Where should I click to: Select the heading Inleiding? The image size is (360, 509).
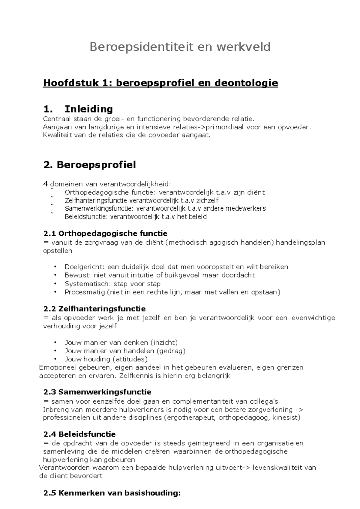point(88,109)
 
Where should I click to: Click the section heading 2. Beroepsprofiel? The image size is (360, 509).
point(89,164)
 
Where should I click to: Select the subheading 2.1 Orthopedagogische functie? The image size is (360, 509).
point(105,233)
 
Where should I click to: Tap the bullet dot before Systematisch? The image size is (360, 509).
point(55,284)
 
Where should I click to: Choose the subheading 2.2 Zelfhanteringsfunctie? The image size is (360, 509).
point(94,309)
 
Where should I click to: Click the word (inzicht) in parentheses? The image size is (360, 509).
point(164,342)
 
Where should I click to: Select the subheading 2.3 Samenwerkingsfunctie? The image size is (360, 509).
point(97,392)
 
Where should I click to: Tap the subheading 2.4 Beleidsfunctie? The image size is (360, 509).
point(79,434)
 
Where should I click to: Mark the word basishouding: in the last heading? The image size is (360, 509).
point(152,493)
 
